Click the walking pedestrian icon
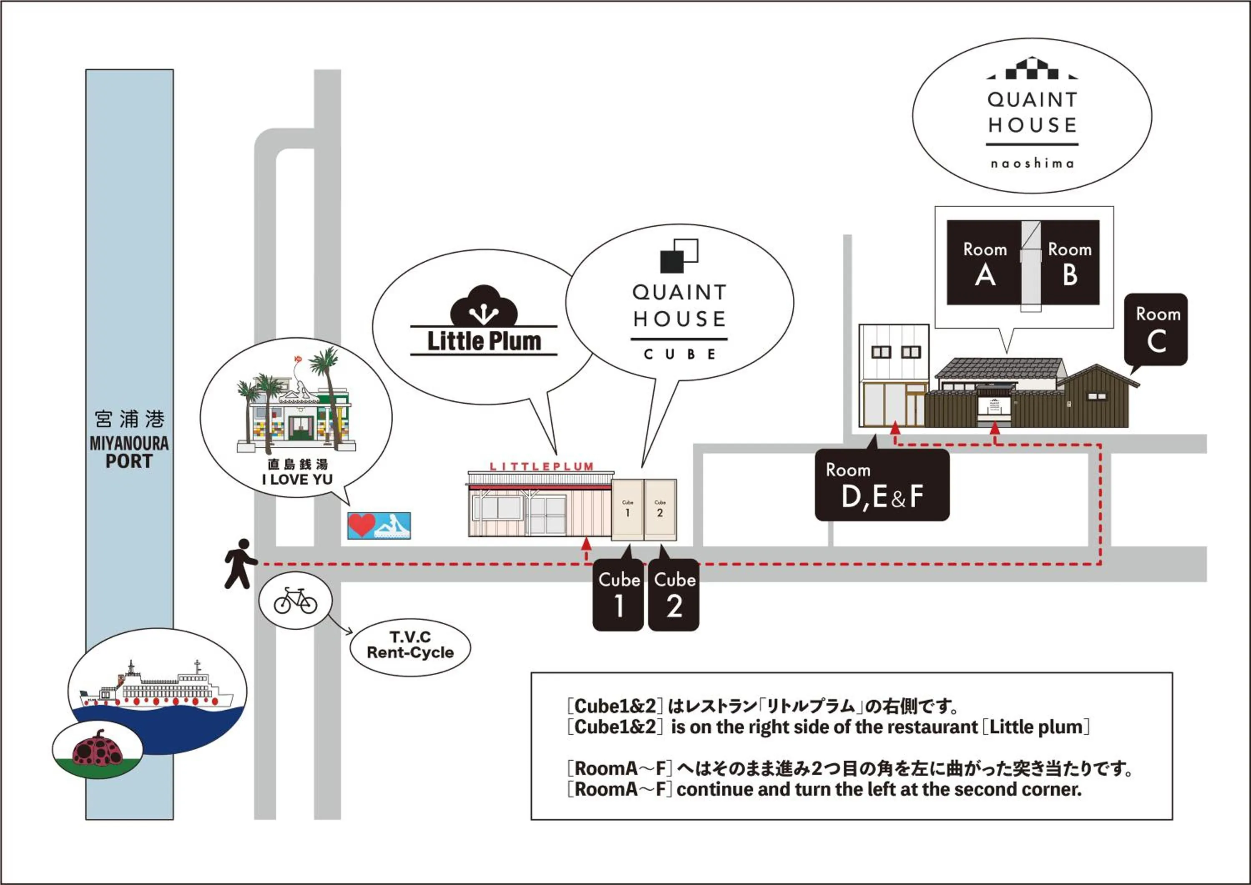(x=240, y=563)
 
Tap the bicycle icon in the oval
(x=295, y=601)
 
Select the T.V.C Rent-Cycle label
(x=410, y=645)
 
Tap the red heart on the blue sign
(x=361, y=525)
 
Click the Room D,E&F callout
(x=882, y=485)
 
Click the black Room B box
(x=1070, y=263)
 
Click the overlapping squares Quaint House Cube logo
(x=679, y=255)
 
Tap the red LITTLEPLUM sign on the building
(x=541, y=466)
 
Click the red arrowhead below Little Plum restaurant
(x=586, y=543)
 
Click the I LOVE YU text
(x=297, y=480)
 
